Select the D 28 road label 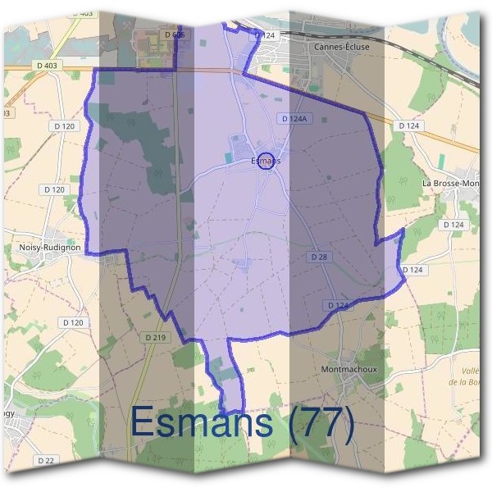(x=320, y=257)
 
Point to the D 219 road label (x=155, y=337)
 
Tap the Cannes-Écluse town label (x=341, y=47)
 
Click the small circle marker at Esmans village (x=265, y=161)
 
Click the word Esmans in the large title (x=201, y=424)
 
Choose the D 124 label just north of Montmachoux (x=338, y=305)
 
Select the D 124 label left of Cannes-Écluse (x=264, y=35)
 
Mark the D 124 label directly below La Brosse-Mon (x=453, y=224)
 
